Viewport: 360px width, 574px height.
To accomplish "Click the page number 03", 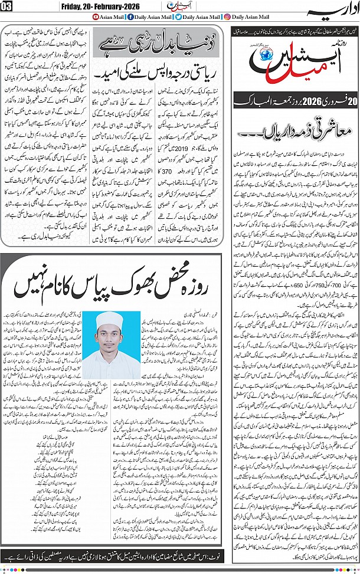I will pyautogui.click(x=6, y=6).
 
